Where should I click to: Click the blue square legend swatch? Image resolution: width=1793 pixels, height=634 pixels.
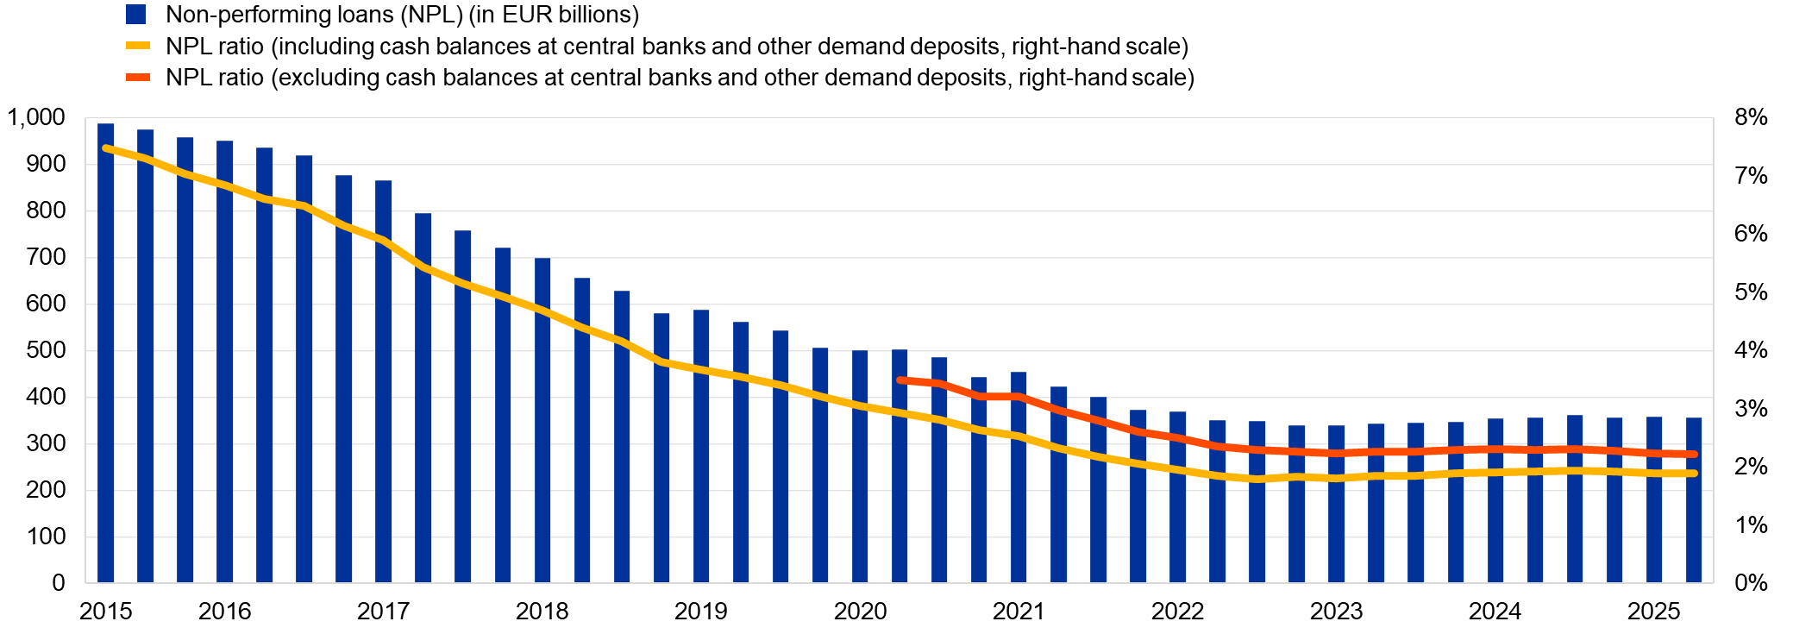point(135,14)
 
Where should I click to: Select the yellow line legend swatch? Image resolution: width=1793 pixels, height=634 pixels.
point(138,46)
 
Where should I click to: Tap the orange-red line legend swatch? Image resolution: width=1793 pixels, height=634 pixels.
point(138,78)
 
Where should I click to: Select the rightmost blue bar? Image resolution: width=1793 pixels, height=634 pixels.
point(1694,518)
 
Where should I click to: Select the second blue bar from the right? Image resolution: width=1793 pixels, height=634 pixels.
point(1654,518)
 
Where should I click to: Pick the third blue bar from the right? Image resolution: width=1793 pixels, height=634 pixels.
point(1614,518)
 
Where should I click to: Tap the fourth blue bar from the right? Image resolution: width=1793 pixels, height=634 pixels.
point(1575,518)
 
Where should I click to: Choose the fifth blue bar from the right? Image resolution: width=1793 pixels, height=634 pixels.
point(1535,518)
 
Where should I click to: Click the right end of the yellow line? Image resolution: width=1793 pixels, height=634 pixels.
point(1694,474)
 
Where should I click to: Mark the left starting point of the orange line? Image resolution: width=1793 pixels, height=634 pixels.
point(900,380)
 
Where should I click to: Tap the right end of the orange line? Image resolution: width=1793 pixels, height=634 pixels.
point(1694,454)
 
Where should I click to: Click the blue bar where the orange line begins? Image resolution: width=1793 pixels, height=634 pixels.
point(900,483)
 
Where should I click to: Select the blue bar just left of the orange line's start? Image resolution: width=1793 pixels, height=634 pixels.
point(861,483)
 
